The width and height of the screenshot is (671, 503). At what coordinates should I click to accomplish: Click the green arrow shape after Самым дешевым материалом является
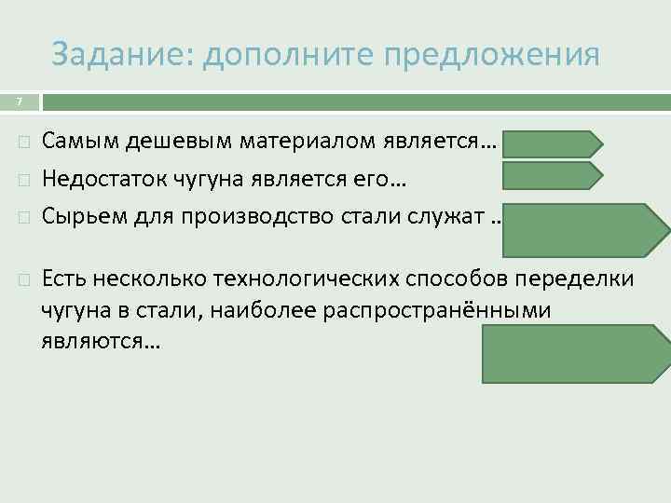click(552, 143)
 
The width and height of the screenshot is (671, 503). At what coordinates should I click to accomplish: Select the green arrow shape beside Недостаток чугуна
click(552, 174)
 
